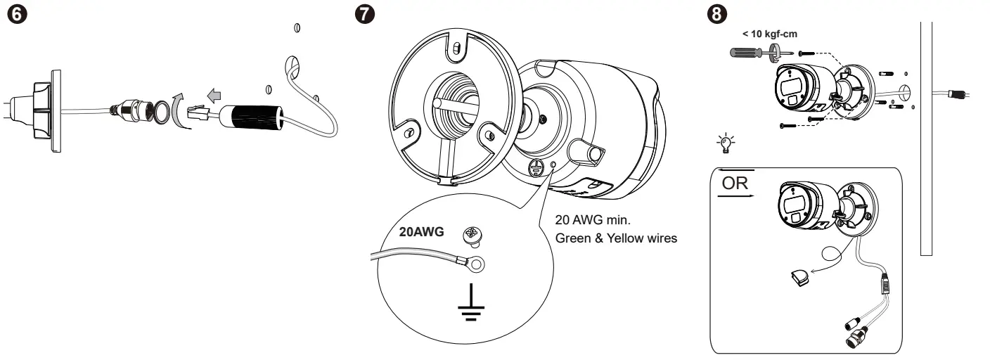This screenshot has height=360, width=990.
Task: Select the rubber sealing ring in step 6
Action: click(x=161, y=111)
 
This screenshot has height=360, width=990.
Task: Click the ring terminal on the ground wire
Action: click(x=479, y=264)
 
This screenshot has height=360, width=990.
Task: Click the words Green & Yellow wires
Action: click(x=616, y=238)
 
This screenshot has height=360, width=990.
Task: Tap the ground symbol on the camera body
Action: click(x=535, y=167)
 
